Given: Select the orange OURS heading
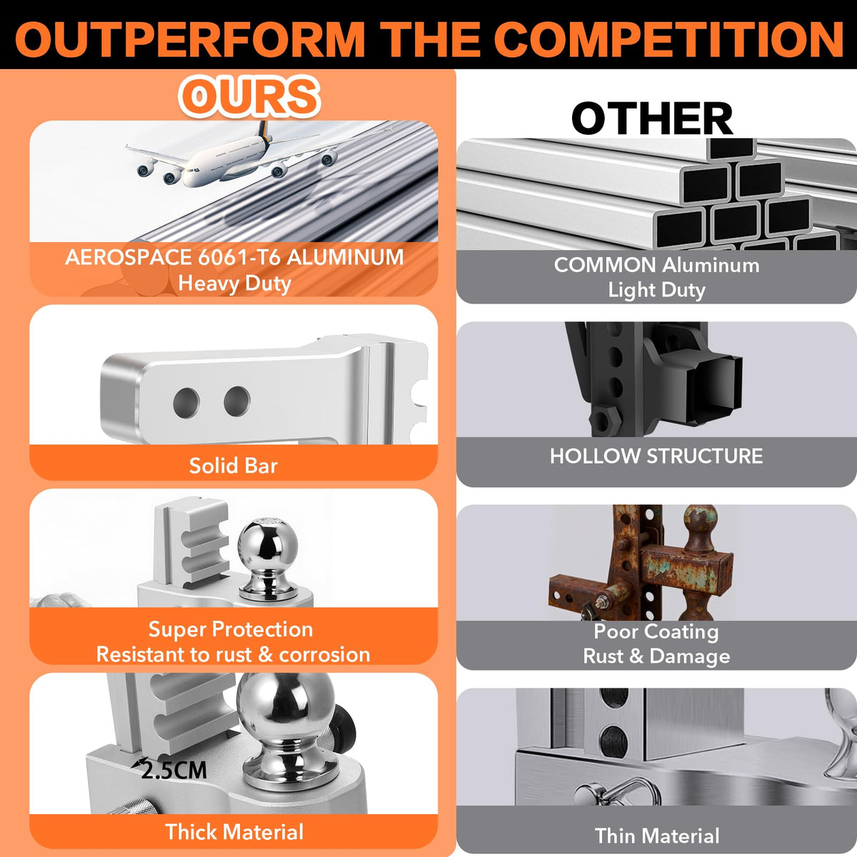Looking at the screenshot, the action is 249,96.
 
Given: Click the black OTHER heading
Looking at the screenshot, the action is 653,118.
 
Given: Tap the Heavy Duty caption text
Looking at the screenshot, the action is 234,284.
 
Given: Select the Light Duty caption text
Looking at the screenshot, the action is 657,290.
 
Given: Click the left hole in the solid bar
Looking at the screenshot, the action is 186,403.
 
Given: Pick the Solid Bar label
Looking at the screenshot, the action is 234,466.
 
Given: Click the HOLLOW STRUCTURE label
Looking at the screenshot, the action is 656,456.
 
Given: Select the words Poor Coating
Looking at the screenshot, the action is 656,631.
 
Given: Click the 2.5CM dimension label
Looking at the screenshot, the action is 174,770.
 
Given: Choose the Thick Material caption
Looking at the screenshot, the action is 234,832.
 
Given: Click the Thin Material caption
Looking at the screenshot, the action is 657,836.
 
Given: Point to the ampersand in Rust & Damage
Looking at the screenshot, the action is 636,656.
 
